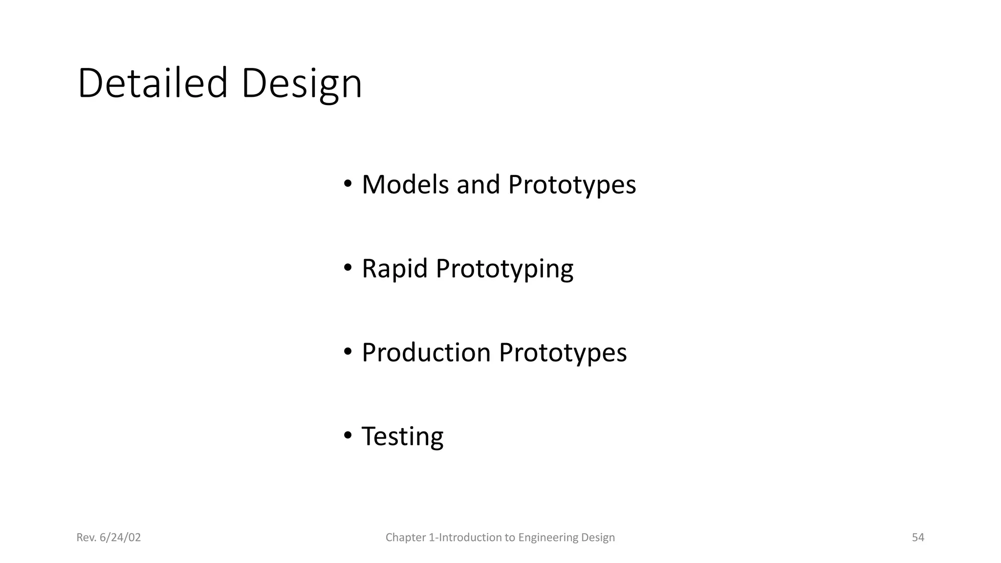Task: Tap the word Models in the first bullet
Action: (405, 185)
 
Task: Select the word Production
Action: (426, 352)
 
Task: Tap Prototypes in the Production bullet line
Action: (563, 353)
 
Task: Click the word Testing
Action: (402, 436)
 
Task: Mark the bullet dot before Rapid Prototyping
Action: (348, 268)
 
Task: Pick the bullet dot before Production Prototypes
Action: (348, 352)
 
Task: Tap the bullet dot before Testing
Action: (348, 435)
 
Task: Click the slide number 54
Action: (918, 538)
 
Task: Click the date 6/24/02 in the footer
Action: (120, 538)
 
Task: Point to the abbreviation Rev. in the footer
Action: (86, 538)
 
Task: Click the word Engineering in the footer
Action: (541, 538)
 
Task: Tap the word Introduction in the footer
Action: (470, 538)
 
